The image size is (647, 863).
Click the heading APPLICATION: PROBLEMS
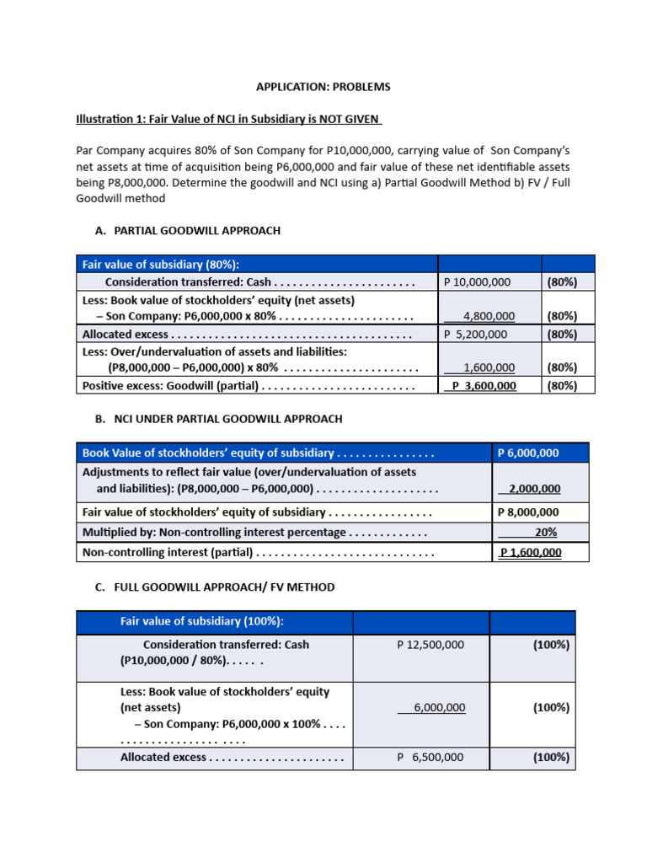pos(323,87)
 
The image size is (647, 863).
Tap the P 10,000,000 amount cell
pos(477,282)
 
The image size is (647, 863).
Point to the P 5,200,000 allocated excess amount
pos(476,334)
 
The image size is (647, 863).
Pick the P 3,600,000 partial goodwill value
pos(484,385)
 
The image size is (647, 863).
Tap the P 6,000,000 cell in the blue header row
pos(529,453)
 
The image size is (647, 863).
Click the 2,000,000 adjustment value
pos(531,489)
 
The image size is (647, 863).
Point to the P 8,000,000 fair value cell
pos(529,512)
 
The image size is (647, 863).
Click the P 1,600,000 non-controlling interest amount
pos(531,553)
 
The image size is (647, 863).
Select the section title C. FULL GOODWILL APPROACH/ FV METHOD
pos(215,587)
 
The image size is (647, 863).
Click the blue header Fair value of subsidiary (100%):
pos(202,621)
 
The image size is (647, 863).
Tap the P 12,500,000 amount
pos(430,645)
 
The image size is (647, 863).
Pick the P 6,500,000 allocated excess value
pos(430,758)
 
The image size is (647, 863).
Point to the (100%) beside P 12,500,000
pos(551,645)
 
